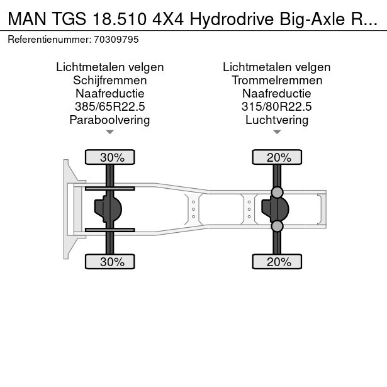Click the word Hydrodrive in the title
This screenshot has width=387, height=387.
232,19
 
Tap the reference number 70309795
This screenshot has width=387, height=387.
116,40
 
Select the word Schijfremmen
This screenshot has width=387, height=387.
110,81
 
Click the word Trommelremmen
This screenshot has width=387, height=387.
277,81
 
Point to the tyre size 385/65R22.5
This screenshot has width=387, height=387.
110,106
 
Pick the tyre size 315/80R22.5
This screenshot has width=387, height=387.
277,106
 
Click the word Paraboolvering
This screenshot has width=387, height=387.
110,120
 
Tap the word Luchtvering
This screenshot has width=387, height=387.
277,120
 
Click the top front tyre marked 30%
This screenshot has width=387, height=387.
110,157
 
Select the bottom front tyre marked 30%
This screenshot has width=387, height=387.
110,262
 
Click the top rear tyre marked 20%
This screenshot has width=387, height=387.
277,157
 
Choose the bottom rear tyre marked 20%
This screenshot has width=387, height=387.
277,262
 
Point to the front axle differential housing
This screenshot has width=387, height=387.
108,209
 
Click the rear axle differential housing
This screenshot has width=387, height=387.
275,209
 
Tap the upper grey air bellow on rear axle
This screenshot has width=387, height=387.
277,193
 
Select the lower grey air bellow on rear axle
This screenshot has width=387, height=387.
277,226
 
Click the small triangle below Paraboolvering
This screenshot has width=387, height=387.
110,132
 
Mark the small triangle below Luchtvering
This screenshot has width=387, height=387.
277,132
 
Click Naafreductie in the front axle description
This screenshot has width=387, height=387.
110,94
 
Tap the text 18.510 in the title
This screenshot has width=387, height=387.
120,19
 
